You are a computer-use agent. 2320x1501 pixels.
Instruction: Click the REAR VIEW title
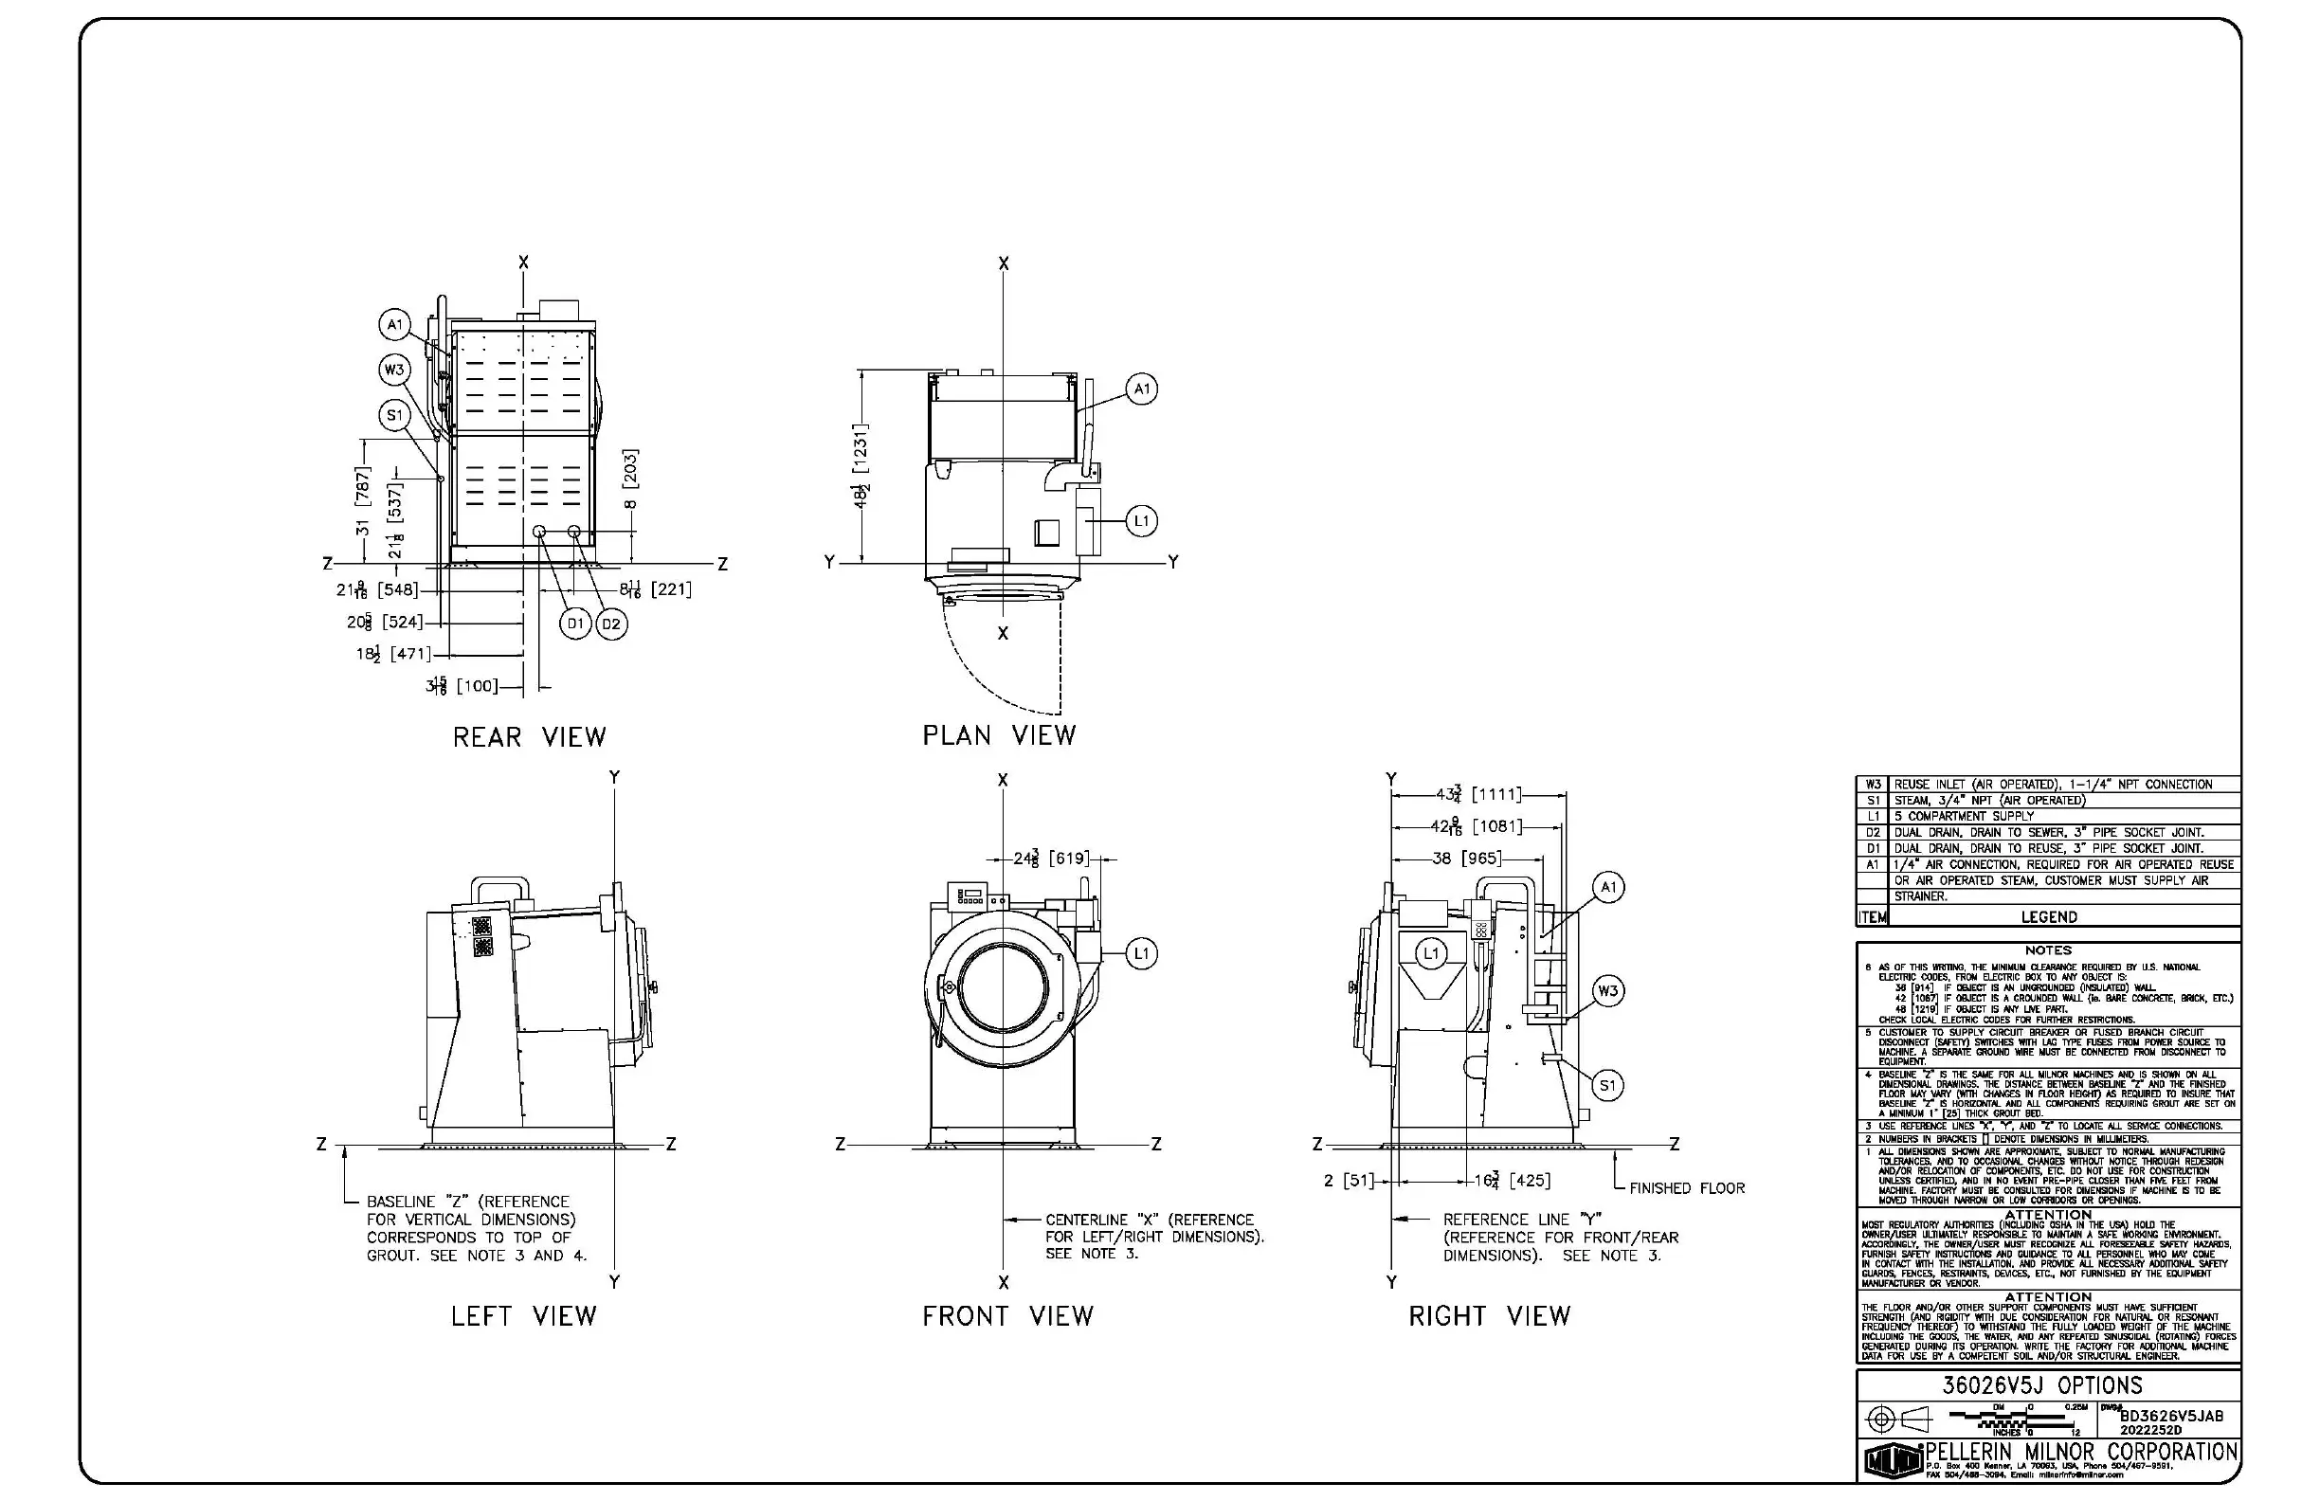coord(530,737)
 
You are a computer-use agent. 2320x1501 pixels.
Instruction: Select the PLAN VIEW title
coord(999,736)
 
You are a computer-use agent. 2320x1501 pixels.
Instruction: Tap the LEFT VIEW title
coord(523,1316)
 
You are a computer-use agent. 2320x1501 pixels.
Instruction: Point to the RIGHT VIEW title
coord(1490,1316)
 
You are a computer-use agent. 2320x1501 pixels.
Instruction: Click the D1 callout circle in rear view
coord(575,624)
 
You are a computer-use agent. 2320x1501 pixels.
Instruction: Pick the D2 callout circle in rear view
coord(611,624)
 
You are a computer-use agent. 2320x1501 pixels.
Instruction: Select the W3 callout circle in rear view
coord(394,370)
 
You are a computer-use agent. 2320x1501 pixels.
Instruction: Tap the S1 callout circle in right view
coord(1607,1085)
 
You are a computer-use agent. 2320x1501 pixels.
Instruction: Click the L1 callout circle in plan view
coord(1141,520)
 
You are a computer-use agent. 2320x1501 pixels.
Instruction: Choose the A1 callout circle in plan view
coord(1141,389)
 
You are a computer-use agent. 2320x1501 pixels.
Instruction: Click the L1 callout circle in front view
coord(1141,953)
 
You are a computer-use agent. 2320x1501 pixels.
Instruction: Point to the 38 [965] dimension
coord(1466,859)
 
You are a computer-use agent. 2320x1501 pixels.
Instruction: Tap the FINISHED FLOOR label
coord(1686,1188)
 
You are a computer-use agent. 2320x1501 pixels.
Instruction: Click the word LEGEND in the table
coord(2048,917)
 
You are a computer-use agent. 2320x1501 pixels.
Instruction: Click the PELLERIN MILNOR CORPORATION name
coord(2081,1453)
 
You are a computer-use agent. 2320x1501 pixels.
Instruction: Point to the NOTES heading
coord(2047,949)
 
